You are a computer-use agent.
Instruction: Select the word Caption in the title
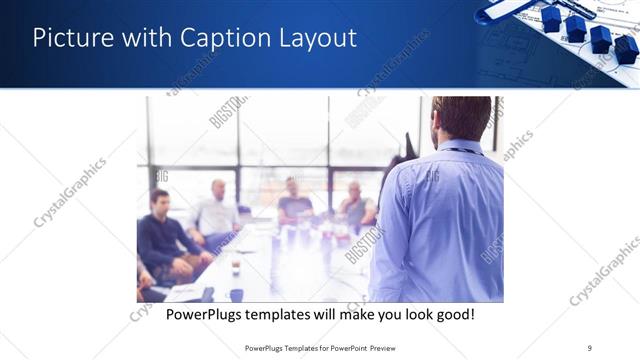click(226, 38)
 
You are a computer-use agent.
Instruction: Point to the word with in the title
click(147, 38)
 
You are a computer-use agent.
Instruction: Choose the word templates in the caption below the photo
click(287, 315)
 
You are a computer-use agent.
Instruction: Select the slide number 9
click(590, 348)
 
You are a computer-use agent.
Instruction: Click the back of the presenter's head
click(461, 116)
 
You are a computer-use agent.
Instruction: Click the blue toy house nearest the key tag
click(551, 18)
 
